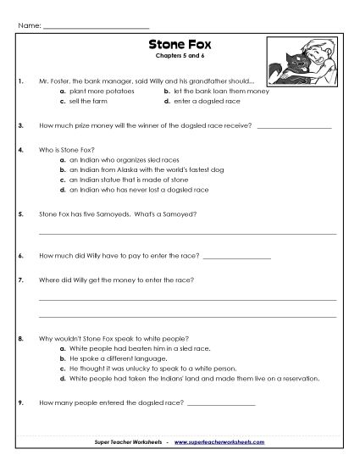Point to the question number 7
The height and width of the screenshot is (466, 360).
tap(19, 279)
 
